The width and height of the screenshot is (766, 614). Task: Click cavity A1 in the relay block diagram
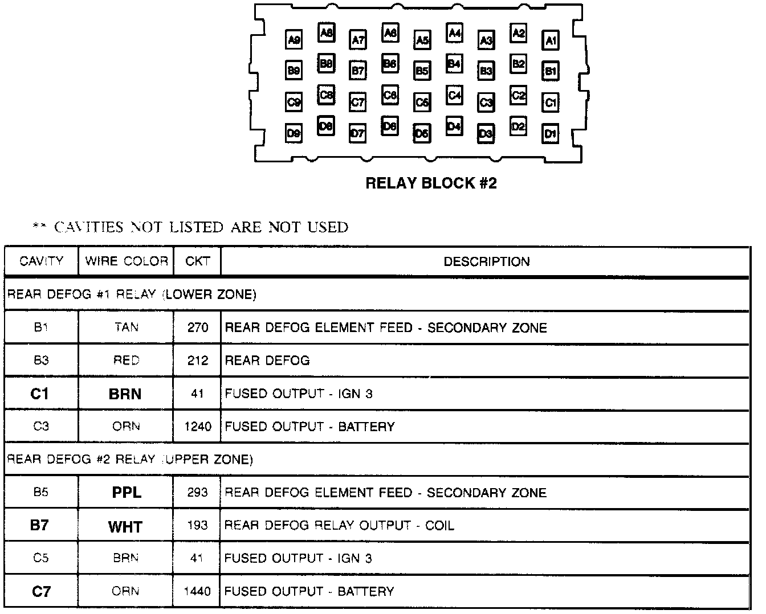pyautogui.click(x=551, y=40)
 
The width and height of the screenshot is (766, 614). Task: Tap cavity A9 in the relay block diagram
pyautogui.click(x=294, y=40)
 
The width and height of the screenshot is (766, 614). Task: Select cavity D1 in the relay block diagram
pyautogui.click(x=551, y=134)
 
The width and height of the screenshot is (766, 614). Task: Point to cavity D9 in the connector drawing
pyautogui.click(x=294, y=134)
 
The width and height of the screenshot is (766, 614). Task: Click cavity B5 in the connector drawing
pyautogui.click(x=422, y=71)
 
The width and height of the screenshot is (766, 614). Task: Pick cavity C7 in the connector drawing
pyautogui.click(x=358, y=103)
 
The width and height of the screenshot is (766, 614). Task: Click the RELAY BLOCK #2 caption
pyautogui.click(x=431, y=183)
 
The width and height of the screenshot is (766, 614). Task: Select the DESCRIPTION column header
pyautogui.click(x=487, y=261)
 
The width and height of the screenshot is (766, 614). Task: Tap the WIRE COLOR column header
pyautogui.click(x=126, y=261)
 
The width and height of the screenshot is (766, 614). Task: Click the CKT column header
pyautogui.click(x=197, y=261)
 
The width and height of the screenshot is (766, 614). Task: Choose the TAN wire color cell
pyautogui.click(x=126, y=328)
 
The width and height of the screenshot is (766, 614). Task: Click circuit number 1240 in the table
pyautogui.click(x=198, y=427)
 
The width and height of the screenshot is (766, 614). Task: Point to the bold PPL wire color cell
pyautogui.click(x=126, y=493)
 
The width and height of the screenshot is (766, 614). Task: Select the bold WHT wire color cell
pyautogui.click(x=125, y=526)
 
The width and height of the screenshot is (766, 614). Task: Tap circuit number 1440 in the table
pyautogui.click(x=198, y=592)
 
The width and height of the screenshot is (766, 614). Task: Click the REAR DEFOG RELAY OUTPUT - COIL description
pyautogui.click(x=339, y=525)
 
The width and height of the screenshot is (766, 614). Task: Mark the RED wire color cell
pyautogui.click(x=126, y=361)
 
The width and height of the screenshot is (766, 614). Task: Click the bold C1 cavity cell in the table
pyautogui.click(x=40, y=394)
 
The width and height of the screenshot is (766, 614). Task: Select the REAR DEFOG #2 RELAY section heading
pyautogui.click(x=130, y=459)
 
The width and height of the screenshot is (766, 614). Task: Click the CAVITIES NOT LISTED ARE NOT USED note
pyautogui.click(x=191, y=227)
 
